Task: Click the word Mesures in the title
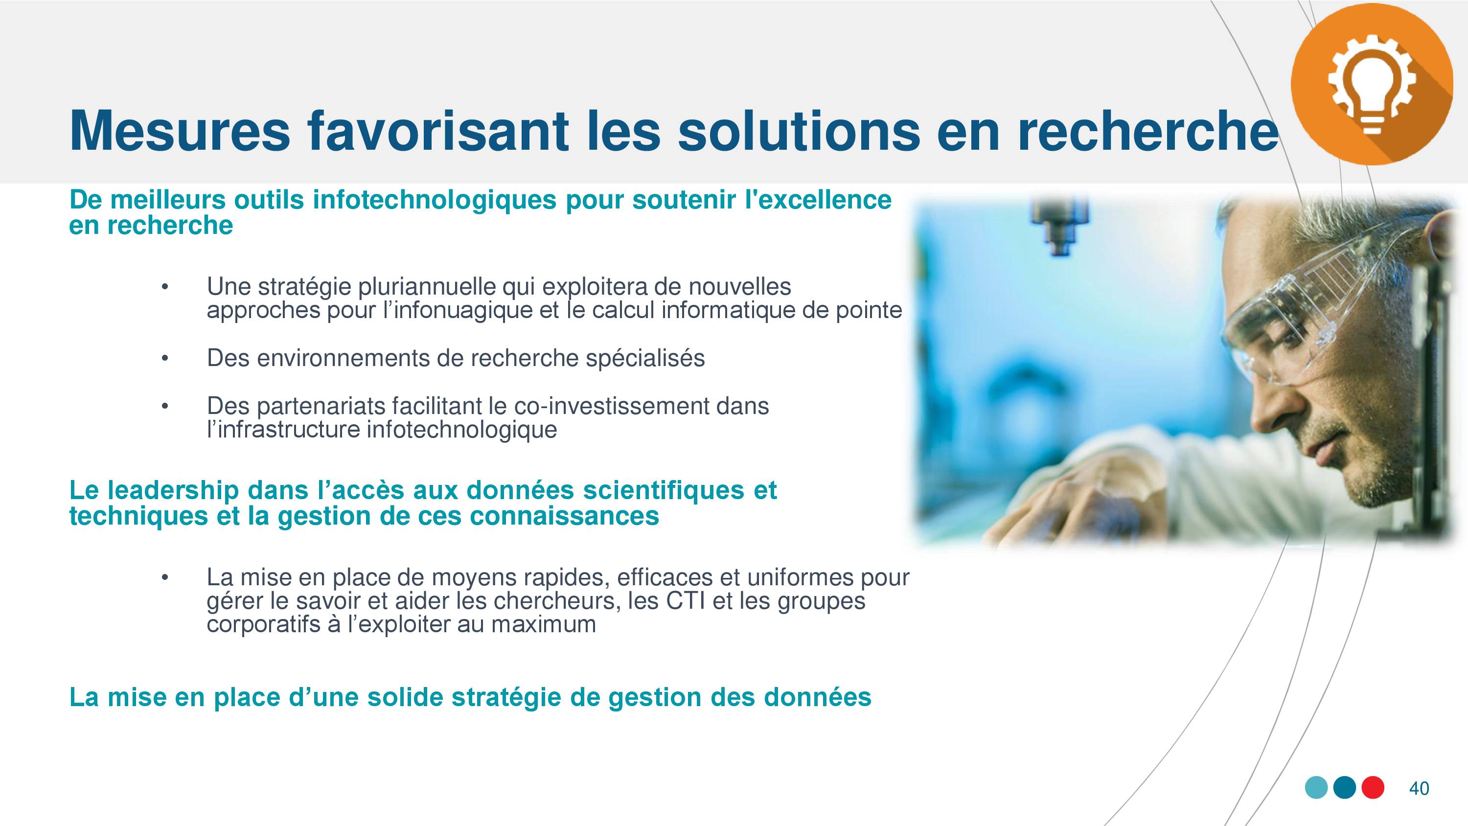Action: pos(180,131)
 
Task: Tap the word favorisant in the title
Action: pos(439,131)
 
